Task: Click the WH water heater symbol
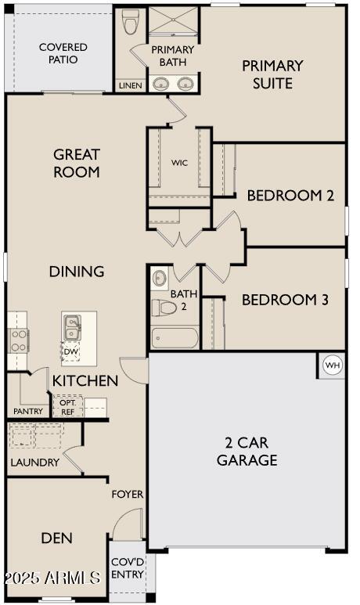click(333, 365)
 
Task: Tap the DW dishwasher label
click(71, 351)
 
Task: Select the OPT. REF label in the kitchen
click(67, 407)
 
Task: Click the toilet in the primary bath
click(129, 21)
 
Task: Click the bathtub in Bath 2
click(175, 337)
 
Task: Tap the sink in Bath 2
click(159, 277)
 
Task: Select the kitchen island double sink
click(72, 327)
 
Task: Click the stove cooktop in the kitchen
click(18, 340)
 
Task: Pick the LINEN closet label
click(131, 85)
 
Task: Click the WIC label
click(180, 163)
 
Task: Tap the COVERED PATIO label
click(63, 53)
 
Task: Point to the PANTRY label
click(28, 412)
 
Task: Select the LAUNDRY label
click(34, 463)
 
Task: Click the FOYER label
click(128, 495)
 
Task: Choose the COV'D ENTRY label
click(128, 568)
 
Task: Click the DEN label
click(56, 538)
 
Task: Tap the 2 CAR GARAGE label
click(247, 451)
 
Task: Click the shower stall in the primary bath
click(173, 21)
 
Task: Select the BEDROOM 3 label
click(285, 300)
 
